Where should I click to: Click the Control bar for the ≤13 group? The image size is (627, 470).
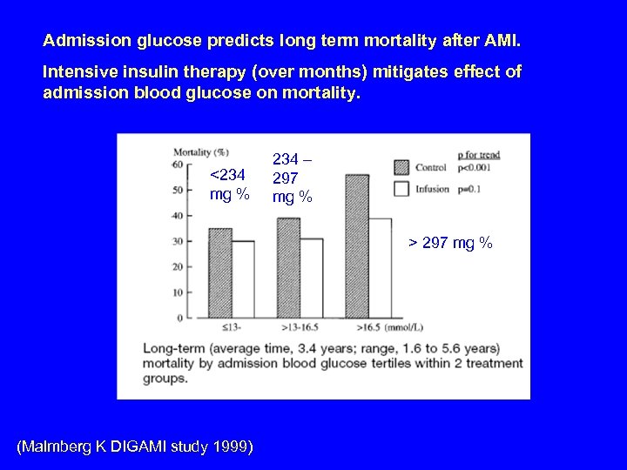click(x=220, y=273)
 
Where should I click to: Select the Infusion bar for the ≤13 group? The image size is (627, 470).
click(x=243, y=279)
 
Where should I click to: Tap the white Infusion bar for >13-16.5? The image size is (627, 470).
click(x=311, y=278)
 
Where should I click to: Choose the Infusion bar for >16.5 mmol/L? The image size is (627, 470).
click(x=380, y=268)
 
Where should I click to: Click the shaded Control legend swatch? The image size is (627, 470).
click(x=401, y=166)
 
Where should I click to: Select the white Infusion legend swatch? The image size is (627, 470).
click(x=401, y=188)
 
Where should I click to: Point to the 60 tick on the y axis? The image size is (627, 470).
click(x=178, y=163)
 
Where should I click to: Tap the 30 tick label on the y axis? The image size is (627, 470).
click(x=178, y=240)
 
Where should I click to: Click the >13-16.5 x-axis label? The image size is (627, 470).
click(x=300, y=326)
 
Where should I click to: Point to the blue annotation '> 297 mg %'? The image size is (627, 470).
click(x=451, y=243)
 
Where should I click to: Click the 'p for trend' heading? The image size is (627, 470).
click(x=478, y=155)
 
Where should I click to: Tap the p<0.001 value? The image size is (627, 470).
click(x=477, y=166)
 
